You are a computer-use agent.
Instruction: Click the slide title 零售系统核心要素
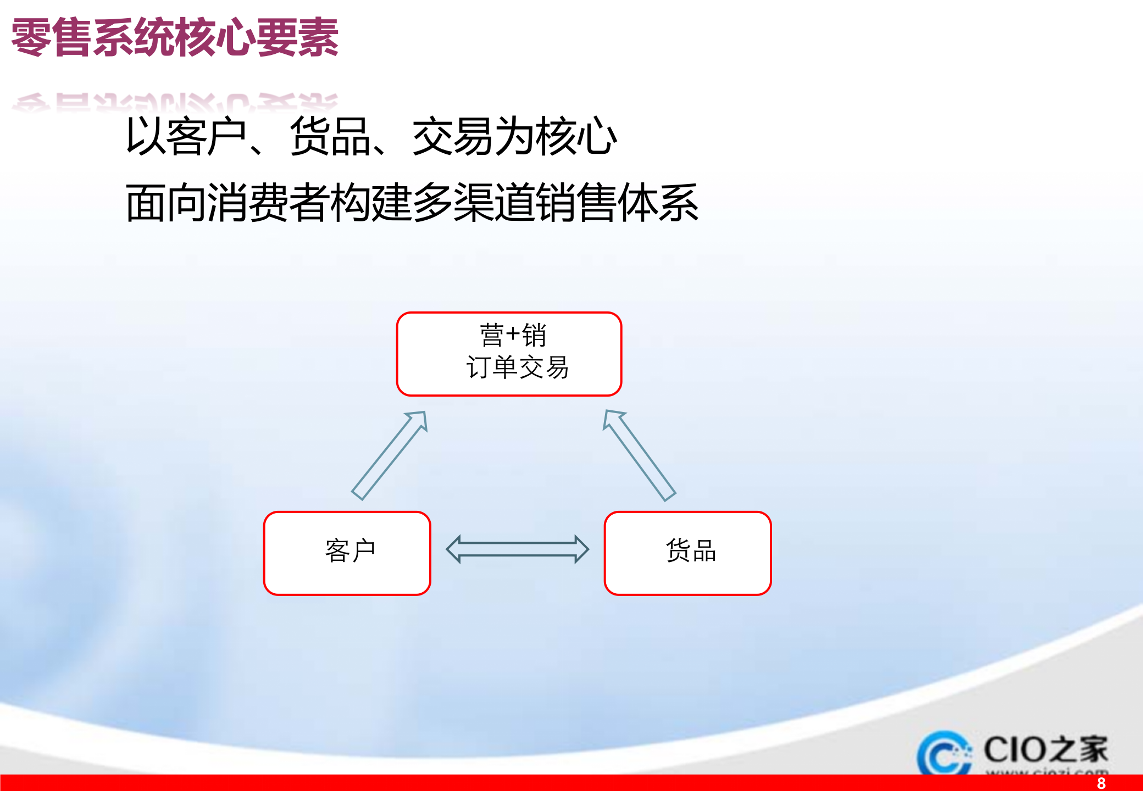click(x=175, y=37)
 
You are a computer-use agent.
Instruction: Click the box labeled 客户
click(x=347, y=553)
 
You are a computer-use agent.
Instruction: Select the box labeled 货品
click(x=687, y=553)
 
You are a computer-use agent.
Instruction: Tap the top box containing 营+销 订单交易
click(x=509, y=354)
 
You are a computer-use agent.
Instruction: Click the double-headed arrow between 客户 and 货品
click(x=517, y=549)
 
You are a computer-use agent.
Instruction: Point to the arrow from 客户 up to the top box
click(x=389, y=455)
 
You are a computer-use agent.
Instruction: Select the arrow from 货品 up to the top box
click(x=639, y=455)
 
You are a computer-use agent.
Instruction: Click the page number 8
click(x=1101, y=783)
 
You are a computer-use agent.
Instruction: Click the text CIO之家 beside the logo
click(x=1045, y=750)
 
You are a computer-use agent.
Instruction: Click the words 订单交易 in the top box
click(x=517, y=367)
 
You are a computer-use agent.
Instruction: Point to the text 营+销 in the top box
click(x=513, y=335)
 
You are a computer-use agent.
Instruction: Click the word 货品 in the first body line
click(x=330, y=137)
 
